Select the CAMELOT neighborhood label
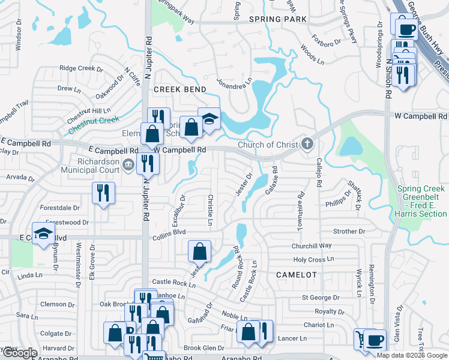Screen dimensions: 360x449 (x=296, y=274)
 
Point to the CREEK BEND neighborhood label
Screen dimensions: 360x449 (x=180, y=89)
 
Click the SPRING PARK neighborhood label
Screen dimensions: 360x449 (x=279, y=19)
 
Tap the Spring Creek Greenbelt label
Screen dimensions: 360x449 (x=421, y=201)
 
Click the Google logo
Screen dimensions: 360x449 (x=20, y=353)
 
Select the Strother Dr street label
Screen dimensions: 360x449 (x=349, y=231)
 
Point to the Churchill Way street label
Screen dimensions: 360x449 (x=312, y=245)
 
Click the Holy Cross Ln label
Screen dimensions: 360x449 (x=313, y=260)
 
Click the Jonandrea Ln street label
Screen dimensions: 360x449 (x=234, y=83)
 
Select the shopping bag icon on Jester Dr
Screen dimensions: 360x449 (x=199, y=251)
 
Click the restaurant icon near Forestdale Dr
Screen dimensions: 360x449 (x=103, y=193)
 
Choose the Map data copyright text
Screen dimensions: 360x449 (x=412, y=355)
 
